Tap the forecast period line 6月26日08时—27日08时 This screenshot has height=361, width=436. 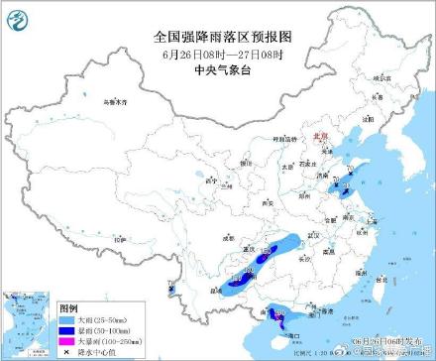[x=217, y=53]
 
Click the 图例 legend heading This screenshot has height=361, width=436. [x=67, y=308]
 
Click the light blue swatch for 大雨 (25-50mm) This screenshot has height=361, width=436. [x=66, y=320]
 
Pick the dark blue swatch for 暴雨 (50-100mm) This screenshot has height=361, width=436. [x=66, y=330]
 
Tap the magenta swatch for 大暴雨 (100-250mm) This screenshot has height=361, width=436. [x=66, y=340]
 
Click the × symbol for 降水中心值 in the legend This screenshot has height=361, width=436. [x=66, y=351]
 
